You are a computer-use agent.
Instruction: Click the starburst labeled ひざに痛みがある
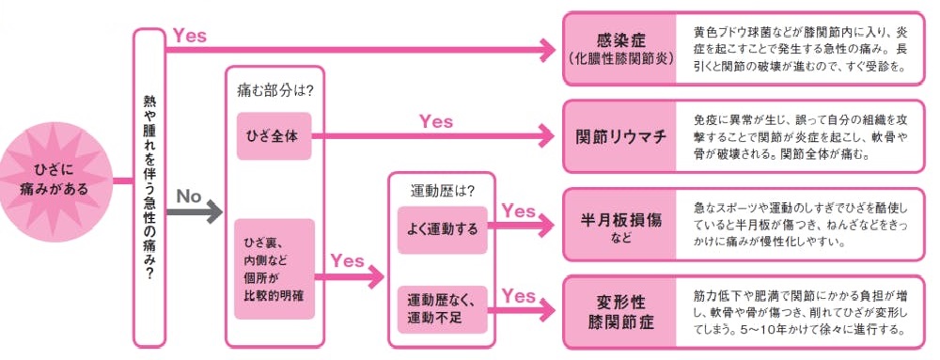55,177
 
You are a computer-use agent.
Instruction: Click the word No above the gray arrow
191,195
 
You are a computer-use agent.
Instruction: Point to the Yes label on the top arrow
190,36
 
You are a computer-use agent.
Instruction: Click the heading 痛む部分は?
274,92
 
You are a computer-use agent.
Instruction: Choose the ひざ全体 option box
274,135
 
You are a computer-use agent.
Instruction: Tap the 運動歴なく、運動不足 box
441,309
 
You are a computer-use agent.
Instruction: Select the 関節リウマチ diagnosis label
620,135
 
